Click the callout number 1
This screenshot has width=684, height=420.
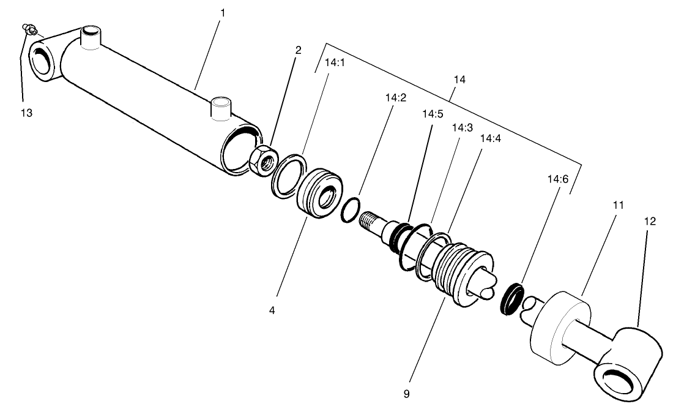click(223, 12)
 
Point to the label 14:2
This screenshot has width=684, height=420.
click(396, 97)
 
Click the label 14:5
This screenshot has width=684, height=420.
click(432, 114)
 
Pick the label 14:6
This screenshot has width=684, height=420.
click(557, 180)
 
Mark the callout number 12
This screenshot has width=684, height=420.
click(650, 221)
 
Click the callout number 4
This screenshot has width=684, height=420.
click(272, 310)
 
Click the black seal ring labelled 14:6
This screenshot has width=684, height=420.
click(511, 298)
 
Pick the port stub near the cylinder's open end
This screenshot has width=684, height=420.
click(220, 108)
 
